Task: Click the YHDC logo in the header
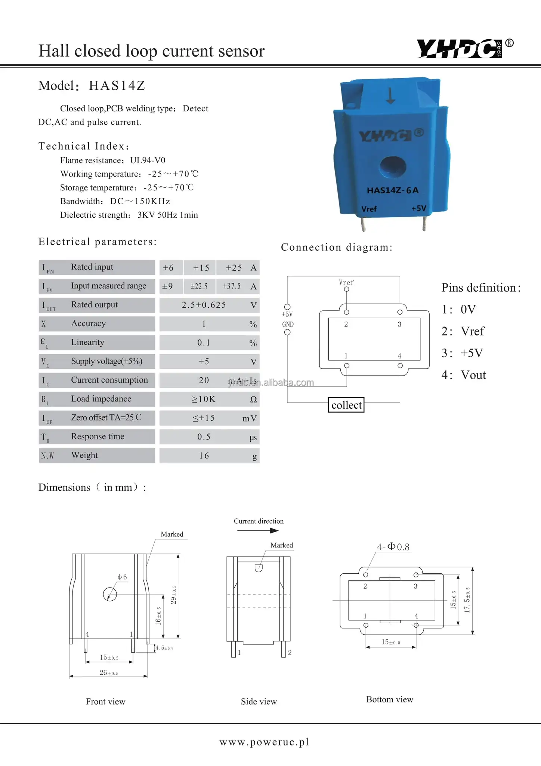point(460,49)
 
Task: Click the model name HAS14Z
point(117,86)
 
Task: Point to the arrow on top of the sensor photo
point(390,96)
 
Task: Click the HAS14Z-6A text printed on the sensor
point(392,190)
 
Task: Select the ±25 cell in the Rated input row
point(234,268)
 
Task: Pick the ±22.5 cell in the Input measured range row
point(199,287)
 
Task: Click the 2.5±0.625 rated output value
point(204,305)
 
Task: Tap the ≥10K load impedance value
point(204,399)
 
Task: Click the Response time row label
point(98,436)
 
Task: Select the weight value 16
point(204,456)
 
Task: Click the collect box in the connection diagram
point(346,405)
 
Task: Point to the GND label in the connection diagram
point(288,324)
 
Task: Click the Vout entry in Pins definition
point(473,375)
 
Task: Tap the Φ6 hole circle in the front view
point(110,594)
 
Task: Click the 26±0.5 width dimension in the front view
point(109,672)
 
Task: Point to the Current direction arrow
point(258,530)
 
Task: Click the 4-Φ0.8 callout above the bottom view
point(393,547)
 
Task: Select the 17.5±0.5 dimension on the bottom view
point(467,600)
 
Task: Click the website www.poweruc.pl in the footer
point(264,742)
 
